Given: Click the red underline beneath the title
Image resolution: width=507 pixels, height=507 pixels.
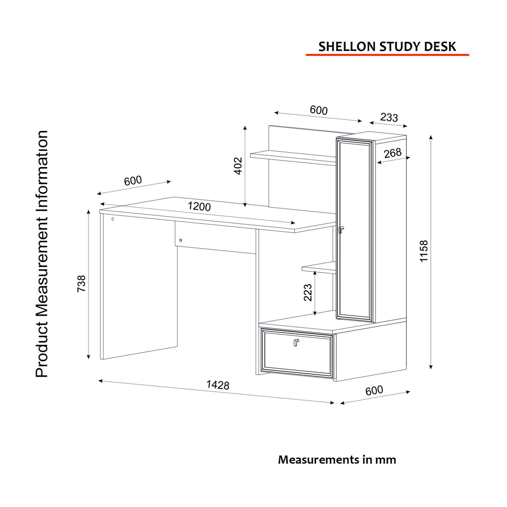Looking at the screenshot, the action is [x=387, y=55].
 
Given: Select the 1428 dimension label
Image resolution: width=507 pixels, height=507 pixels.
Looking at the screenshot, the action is [x=218, y=385].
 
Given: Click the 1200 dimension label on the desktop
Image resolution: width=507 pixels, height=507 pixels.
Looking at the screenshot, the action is [x=199, y=206].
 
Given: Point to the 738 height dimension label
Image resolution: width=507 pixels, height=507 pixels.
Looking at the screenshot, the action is [x=81, y=283].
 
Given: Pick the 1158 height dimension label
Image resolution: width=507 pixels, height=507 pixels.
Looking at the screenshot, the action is [x=424, y=251].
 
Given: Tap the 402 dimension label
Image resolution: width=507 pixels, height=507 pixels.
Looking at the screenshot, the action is [x=238, y=166].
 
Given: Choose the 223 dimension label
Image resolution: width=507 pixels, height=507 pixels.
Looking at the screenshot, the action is [x=307, y=292].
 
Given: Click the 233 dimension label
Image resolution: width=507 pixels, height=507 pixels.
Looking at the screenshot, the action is [x=389, y=117].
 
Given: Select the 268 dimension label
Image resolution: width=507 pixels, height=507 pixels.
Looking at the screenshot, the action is [x=393, y=153].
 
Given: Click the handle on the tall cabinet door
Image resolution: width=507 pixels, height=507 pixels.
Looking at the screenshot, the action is [x=341, y=230].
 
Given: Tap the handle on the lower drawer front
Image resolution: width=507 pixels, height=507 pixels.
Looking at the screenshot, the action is [x=296, y=342].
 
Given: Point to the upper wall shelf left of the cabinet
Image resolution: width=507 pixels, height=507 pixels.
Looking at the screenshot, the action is [x=293, y=157].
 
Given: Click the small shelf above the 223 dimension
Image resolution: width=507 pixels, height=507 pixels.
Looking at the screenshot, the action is [x=319, y=268].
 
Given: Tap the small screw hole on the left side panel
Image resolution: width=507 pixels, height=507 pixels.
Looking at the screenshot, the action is [x=113, y=219].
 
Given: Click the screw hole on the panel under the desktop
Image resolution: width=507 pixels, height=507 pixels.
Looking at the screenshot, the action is [x=180, y=240].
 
